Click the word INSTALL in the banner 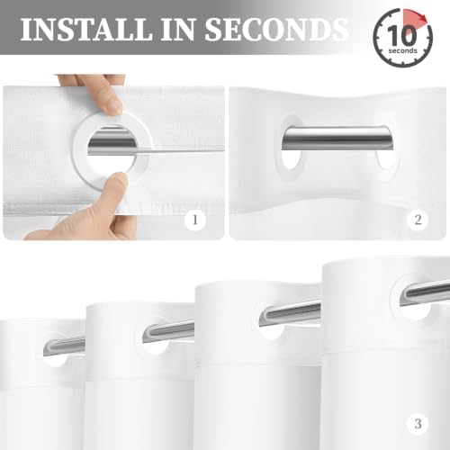tap(85, 29)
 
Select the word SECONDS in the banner tap(277, 29)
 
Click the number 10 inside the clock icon tap(402, 35)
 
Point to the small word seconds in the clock tap(402, 50)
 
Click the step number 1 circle tap(195, 220)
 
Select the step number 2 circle tap(418, 220)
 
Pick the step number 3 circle tap(418, 424)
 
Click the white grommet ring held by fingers tap(80, 141)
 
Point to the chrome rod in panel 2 tap(337, 139)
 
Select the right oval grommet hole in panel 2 tap(385, 158)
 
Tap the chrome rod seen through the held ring tap(112, 142)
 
